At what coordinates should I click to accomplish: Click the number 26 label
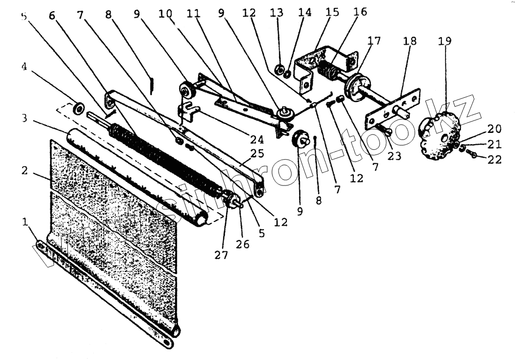coord(243,244)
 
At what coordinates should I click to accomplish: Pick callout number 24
coord(257,139)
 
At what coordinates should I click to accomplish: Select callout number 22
coord(495,160)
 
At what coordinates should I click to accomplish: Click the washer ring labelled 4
coord(79,108)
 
